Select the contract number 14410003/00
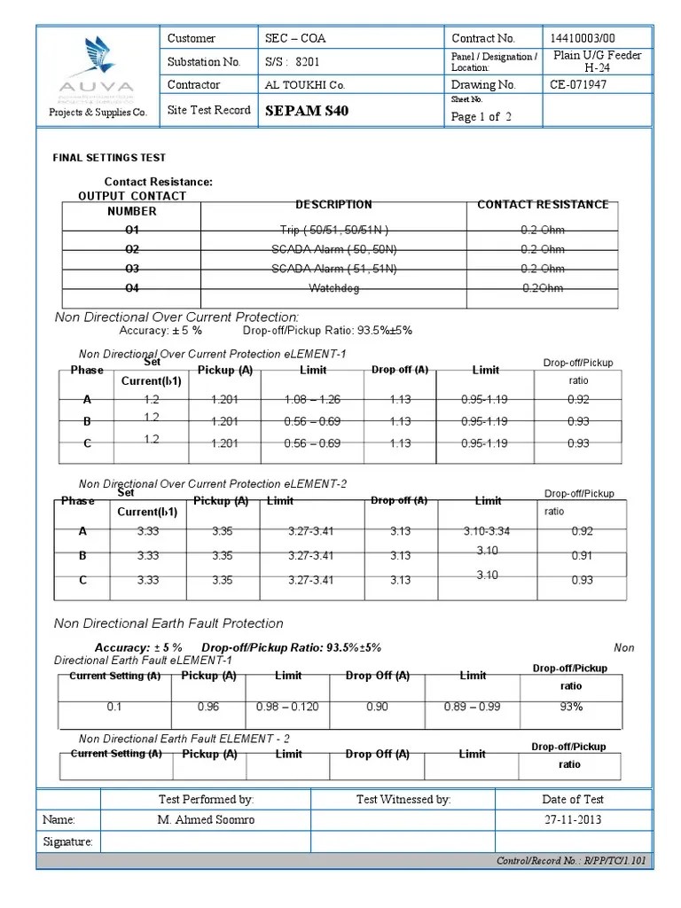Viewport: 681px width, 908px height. tap(583, 38)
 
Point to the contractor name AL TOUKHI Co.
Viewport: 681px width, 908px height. tap(305, 86)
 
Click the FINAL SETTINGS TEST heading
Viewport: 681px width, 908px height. tap(109, 158)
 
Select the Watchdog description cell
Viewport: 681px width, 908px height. tap(333, 288)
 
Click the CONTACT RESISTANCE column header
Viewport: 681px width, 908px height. tap(543, 205)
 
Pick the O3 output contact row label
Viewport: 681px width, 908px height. tap(132, 269)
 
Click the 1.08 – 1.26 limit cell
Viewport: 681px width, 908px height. tap(312, 400)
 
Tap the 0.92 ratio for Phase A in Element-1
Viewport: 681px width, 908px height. tap(577, 400)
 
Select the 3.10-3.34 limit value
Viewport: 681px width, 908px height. tap(487, 531)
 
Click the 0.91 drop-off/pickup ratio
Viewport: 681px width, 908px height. tap(582, 556)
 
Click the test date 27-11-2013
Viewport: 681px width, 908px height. tap(573, 819)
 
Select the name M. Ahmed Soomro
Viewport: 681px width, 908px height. tap(206, 819)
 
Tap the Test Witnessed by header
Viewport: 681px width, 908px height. tap(403, 799)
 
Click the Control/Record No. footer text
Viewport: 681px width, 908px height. tap(571, 861)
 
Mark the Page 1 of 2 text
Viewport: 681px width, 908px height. tap(481, 117)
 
